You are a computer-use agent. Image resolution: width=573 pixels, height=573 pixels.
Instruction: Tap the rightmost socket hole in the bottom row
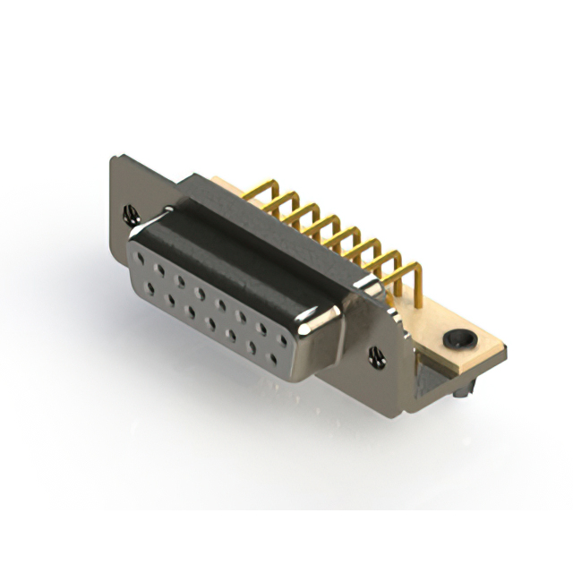[273, 356]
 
